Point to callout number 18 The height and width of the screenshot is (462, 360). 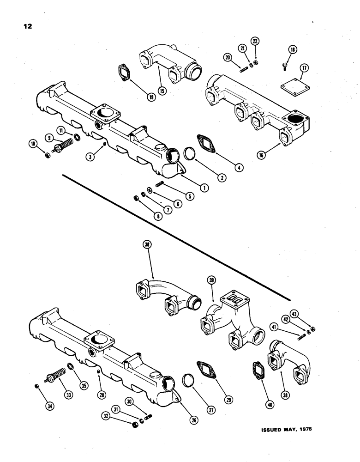pyautogui.click(x=292, y=50)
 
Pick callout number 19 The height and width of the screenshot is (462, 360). pyautogui.click(x=151, y=97)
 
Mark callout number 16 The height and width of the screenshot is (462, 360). pyautogui.click(x=261, y=156)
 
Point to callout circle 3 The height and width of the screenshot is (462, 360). pyautogui.click(x=91, y=157)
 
